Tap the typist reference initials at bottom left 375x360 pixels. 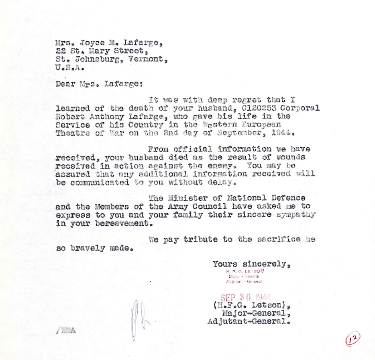tap(66, 331)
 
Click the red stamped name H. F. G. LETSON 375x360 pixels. tap(245, 271)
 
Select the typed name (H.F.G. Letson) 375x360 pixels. tap(250, 305)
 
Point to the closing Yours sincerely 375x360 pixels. tap(251, 264)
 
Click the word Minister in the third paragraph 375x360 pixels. tap(186, 198)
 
